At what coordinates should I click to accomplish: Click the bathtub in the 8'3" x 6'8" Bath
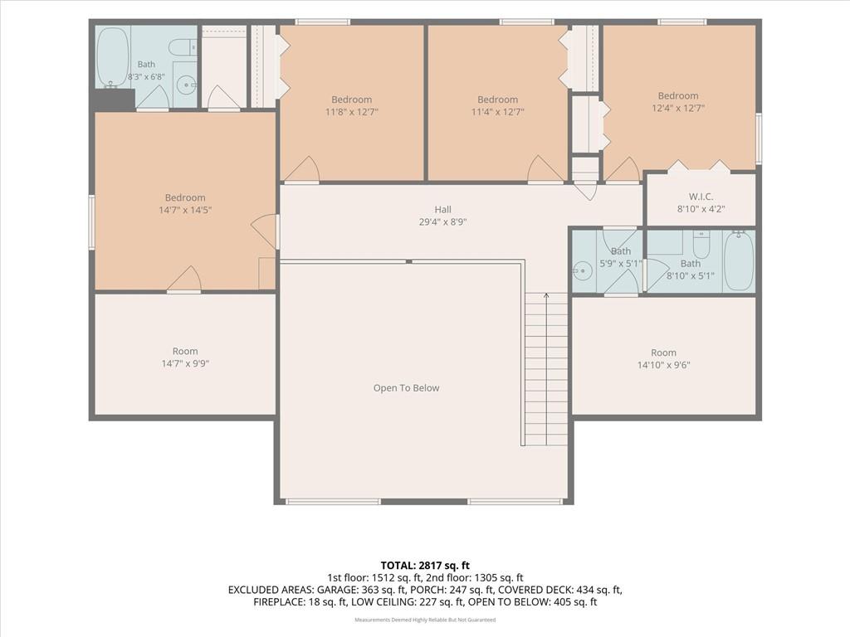113,57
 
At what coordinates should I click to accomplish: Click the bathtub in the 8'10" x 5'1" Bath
738,261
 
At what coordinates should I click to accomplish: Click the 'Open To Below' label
406,388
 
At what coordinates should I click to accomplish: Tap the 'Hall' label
443,209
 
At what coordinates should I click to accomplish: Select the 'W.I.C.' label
701,197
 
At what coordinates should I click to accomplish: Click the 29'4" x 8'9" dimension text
443,221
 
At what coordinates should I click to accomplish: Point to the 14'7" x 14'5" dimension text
185,210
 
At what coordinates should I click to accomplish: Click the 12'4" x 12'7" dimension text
678,108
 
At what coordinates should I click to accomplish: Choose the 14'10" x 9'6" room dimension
663,365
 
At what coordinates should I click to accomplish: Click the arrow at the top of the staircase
546,296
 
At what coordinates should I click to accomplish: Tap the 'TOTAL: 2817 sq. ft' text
425,566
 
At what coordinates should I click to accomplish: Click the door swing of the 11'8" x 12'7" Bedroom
302,168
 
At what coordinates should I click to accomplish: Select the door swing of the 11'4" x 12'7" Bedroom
546,168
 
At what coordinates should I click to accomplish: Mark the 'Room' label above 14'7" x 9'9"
185,351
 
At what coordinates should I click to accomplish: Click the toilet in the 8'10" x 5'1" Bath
701,246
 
